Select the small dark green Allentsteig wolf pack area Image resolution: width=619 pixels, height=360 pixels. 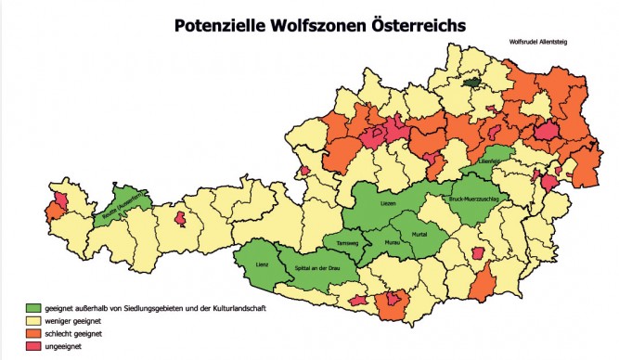(474, 82)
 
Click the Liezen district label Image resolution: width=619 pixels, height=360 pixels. (391, 203)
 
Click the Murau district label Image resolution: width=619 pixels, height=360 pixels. (392, 243)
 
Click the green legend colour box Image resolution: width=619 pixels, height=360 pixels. (33, 307)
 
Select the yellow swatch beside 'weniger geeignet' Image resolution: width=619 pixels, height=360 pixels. (33, 320)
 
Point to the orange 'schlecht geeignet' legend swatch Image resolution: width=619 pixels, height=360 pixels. (33, 332)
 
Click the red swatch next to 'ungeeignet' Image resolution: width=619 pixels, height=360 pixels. (33, 345)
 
